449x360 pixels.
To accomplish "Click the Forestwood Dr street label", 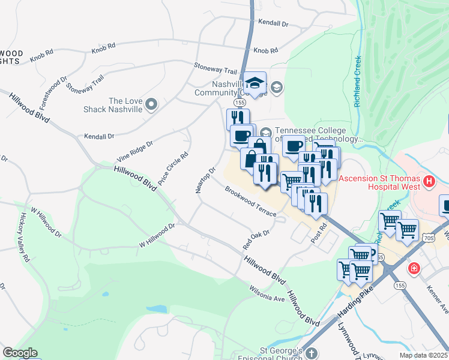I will [x=53, y=89].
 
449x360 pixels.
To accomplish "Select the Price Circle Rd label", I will [x=173, y=168].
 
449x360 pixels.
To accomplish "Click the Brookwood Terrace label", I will [x=251, y=202].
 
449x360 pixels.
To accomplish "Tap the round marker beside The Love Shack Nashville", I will [x=151, y=105].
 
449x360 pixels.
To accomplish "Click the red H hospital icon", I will [x=429, y=181].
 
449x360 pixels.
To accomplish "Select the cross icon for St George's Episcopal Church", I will [x=311, y=353].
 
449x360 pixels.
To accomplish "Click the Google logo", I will [x=20, y=353].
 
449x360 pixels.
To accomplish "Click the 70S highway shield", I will [x=443, y=224].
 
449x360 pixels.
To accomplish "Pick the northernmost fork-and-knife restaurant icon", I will [x=238, y=118].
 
